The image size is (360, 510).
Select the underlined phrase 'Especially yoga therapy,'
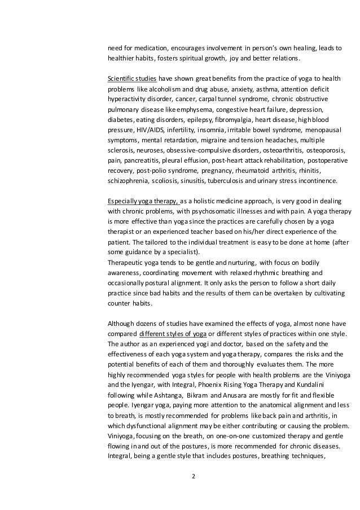(x=143, y=201)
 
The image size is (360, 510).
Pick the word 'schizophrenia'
(x=127, y=181)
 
